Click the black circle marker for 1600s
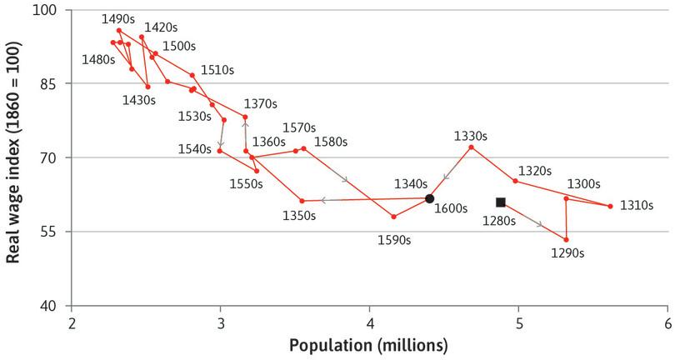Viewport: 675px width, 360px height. click(429, 198)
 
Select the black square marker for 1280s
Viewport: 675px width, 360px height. click(501, 202)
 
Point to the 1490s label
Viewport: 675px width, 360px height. click(118, 18)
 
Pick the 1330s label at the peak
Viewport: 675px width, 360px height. click(471, 134)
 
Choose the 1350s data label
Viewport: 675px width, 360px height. click(298, 215)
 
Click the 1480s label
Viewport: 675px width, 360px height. click(99, 59)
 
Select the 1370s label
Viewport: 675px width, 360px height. click(260, 104)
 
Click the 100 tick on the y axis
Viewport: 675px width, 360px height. click(44, 11)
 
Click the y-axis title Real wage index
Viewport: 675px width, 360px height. click(13, 156)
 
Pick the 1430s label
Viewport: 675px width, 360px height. click(139, 100)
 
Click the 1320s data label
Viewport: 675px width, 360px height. click(534, 170)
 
